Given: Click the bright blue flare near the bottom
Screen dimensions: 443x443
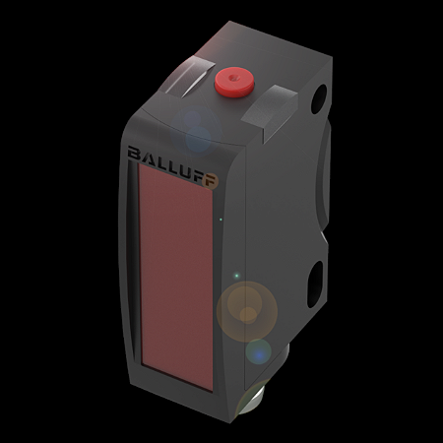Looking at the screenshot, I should click(258, 350).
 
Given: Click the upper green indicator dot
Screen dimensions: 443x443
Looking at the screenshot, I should click(222, 219).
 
